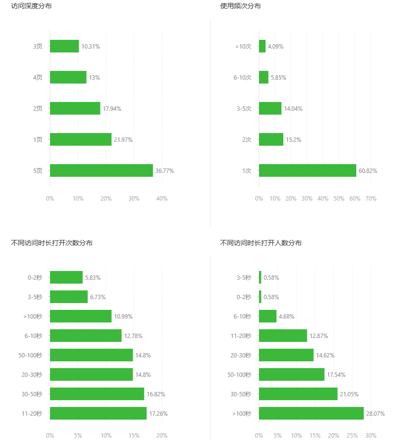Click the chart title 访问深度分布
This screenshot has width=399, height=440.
pos(32,6)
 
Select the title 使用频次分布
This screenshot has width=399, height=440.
pos(241,6)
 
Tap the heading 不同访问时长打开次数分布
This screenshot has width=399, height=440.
pos(52,243)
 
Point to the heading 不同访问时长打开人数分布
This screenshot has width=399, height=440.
pos(261,243)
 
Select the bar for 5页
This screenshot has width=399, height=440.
pos(101,170)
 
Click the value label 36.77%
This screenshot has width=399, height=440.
pos(164,171)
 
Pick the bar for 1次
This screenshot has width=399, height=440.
pos(307,170)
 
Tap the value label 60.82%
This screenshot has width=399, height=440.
pos(368,171)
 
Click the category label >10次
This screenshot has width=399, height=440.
pos(243,47)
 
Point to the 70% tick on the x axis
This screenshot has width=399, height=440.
pos(371,199)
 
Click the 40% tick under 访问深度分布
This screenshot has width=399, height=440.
pos(162,199)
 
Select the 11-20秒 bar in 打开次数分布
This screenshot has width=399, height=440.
pos(98,413)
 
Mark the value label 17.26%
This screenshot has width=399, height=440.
pos(158,414)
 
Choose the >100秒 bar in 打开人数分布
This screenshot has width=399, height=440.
pos(311,413)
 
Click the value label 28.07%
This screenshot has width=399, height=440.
pos(375,414)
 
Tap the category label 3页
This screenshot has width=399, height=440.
pos(38,47)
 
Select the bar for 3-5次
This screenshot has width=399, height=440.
pos(270,108)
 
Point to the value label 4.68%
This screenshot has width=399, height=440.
pos(286,317)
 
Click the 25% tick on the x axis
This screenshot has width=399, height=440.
pos(352,436)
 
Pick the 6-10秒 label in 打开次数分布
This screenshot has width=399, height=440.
pos(33,336)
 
